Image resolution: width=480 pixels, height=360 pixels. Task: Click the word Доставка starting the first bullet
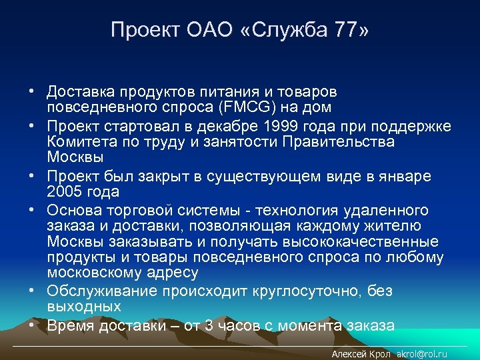tap(77, 90)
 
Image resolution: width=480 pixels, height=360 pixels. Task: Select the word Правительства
tap(337, 142)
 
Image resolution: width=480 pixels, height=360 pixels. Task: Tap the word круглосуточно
tap(304, 291)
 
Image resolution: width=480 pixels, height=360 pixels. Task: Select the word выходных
tap(84, 307)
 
